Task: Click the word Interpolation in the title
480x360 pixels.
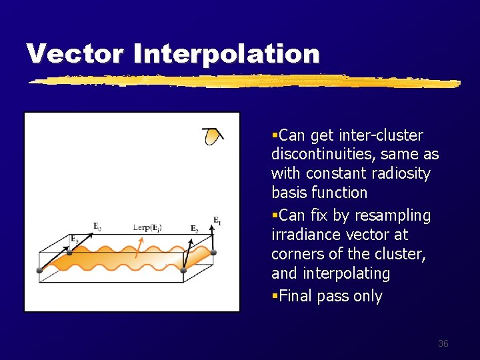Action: tap(226, 54)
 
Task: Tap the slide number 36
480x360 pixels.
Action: tap(443, 343)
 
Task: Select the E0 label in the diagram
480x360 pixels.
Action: tap(97, 227)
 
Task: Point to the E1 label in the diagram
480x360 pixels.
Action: tap(217, 221)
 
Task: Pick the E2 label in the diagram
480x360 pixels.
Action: tap(194, 229)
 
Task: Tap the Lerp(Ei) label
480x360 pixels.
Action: tap(147, 227)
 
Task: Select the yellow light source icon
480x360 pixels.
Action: tap(212, 137)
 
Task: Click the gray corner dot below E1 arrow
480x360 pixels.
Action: tap(214, 253)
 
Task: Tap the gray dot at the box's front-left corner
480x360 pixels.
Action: tap(39, 270)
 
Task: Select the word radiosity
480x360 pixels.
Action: tap(403, 174)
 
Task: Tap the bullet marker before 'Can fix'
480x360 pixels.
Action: tap(275, 216)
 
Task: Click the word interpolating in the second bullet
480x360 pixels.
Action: tap(347, 274)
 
